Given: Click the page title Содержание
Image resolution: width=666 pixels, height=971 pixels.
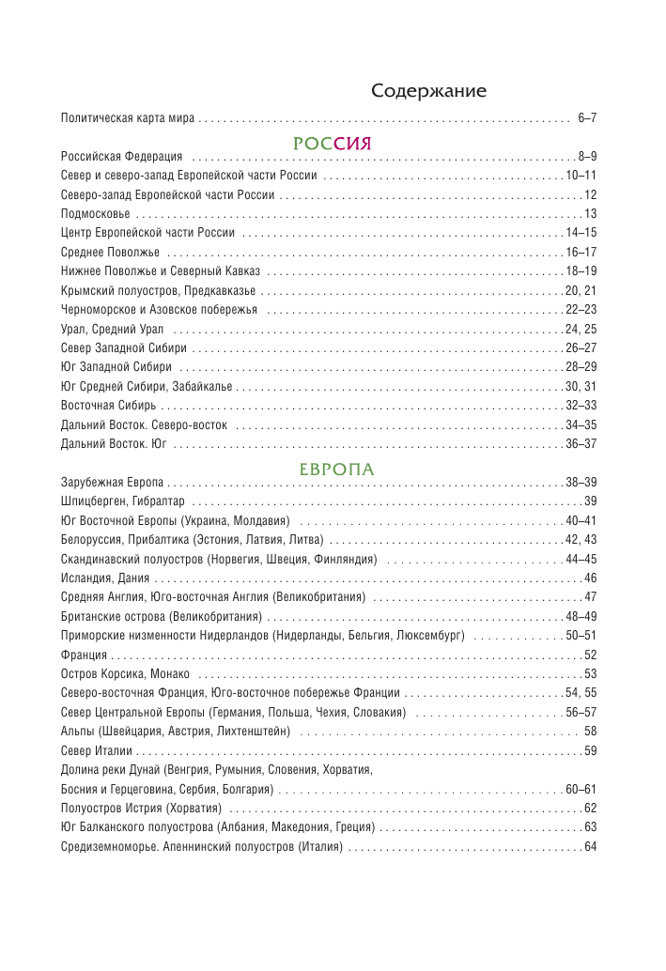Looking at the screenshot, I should pyautogui.click(x=428, y=91).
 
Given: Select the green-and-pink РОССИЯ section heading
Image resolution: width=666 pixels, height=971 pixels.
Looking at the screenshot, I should pyautogui.click(x=333, y=144).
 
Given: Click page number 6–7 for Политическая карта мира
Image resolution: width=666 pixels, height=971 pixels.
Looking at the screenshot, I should pyautogui.click(x=587, y=117).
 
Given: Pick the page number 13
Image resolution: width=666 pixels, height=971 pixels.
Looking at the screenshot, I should pyautogui.click(x=590, y=214).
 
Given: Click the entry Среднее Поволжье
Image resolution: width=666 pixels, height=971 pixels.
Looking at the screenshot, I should pyautogui.click(x=110, y=253).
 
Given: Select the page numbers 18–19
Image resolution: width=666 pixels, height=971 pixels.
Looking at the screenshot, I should pyautogui.click(x=581, y=271).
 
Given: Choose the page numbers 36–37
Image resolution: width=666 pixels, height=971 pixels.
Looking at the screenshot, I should pyautogui.click(x=581, y=444).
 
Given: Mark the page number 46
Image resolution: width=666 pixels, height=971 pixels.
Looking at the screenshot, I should pyautogui.click(x=590, y=578).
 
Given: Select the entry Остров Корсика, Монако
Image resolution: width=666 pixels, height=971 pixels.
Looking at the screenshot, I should pyautogui.click(x=125, y=674).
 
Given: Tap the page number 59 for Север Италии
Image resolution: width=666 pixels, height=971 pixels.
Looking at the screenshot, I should pyautogui.click(x=590, y=750).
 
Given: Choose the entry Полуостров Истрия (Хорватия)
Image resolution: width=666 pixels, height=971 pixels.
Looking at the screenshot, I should pyautogui.click(x=141, y=809).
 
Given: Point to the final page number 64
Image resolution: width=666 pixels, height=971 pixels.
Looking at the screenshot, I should pyautogui.click(x=590, y=847).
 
